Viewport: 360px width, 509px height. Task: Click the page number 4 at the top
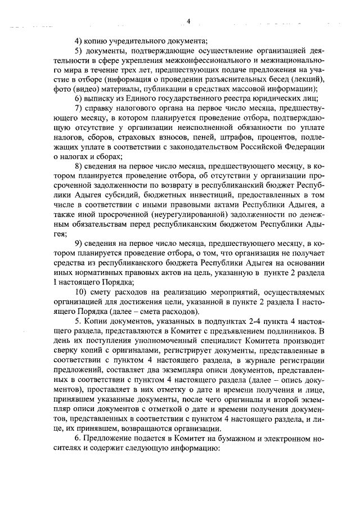pyautogui.click(x=188, y=21)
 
